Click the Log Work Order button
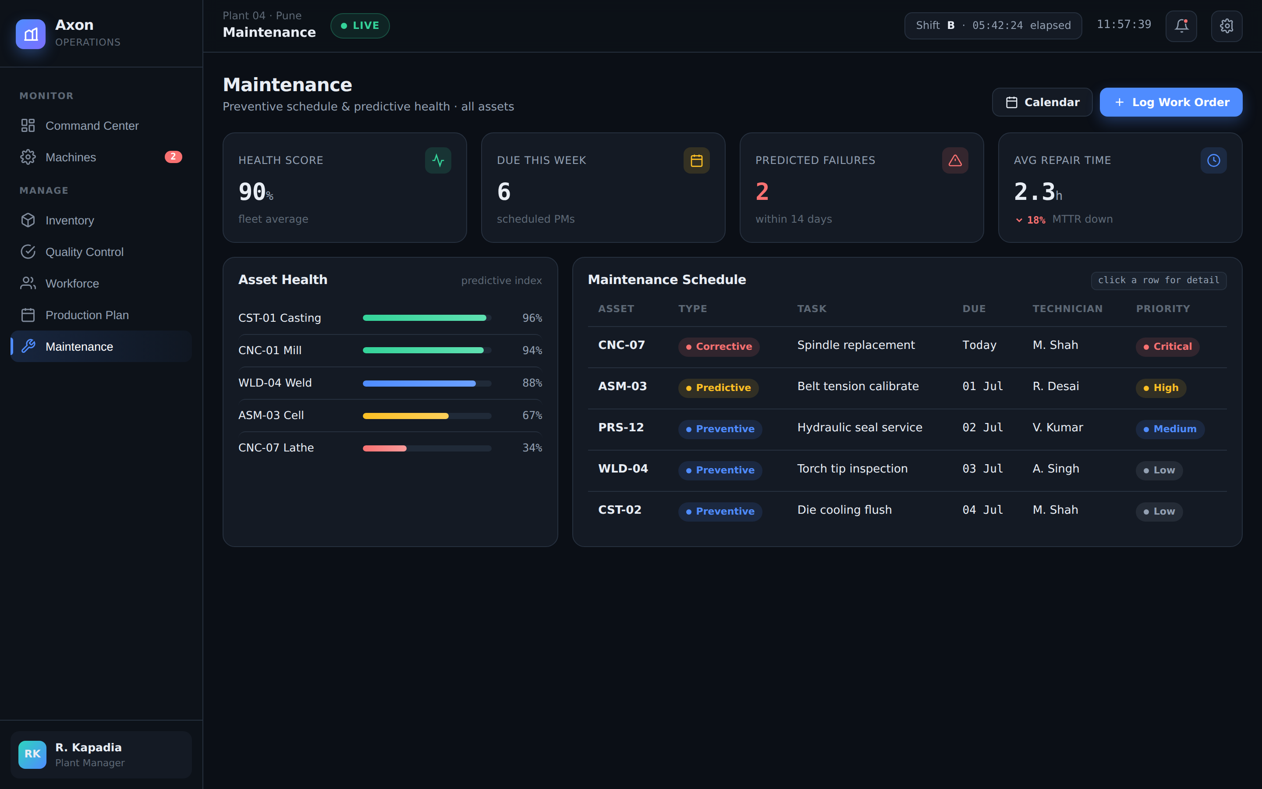pyautogui.click(x=1171, y=102)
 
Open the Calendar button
pyautogui.click(x=1042, y=102)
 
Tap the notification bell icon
pyautogui.click(x=1181, y=25)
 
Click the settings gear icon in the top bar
pyautogui.click(x=1227, y=25)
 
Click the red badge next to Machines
pyautogui.click(x=173, y=157)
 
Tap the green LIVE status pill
pyautogui.click(x=360, y=25)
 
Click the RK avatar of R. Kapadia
pyautogui.click(x=32, y=754)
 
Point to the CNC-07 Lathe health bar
pyautogui.click(x=426, y=448)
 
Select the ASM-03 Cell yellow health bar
pyautogui.click(x=406, y=416)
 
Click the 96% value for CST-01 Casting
pyautogui.click(x=532, y=318)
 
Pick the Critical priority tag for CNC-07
pyautogui.click(x=1168, y=346)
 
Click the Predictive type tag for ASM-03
pyautogui.click(x=718, y=388)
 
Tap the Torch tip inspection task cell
pyautogui.click(x=852, y=469)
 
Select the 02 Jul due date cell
pyautogui.click(x=982, y=427)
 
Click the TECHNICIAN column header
pyautogui.click(x=1067, y=309)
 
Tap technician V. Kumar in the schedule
pyautogui.click(x=1057, y=427)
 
